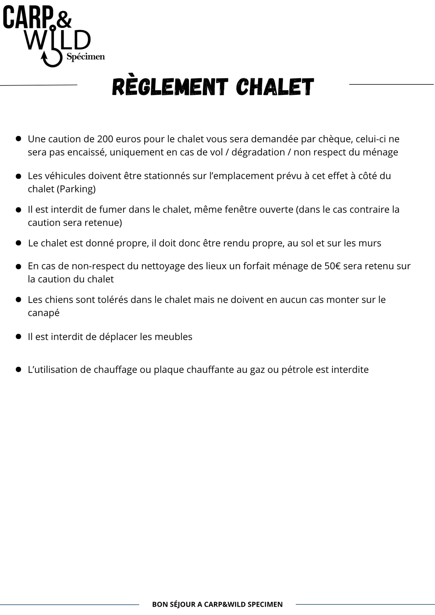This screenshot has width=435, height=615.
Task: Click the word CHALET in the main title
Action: [x=275, y=87]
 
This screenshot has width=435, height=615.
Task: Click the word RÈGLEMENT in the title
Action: [x=170, y=87]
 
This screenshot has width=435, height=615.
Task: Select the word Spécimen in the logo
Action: [x=86, y=57]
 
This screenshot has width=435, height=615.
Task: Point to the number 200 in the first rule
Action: [x=105, y=139]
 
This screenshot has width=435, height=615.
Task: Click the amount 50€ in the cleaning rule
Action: [x=332, y=266]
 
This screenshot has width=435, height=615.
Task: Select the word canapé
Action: [x=43, y=313]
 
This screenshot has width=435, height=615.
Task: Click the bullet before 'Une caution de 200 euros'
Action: [x=18, y=139]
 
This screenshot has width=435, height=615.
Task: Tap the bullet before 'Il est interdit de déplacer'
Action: [x=18, y=336]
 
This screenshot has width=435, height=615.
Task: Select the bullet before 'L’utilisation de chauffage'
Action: [x=18, y=369]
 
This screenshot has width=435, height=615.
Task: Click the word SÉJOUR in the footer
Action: [x=183, y=604]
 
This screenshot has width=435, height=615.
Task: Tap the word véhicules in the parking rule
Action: [x=61, y=176]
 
